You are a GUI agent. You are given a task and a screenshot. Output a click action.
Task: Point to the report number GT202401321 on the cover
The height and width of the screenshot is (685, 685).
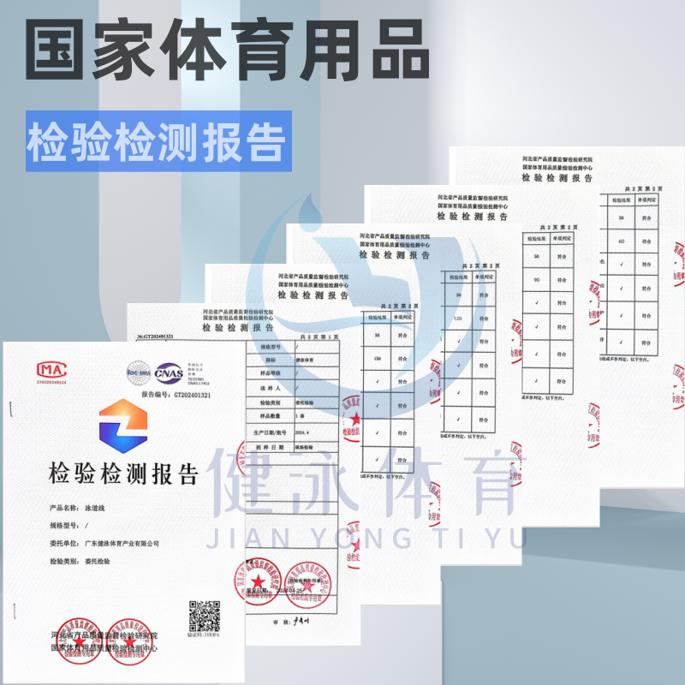[x=192, y=396]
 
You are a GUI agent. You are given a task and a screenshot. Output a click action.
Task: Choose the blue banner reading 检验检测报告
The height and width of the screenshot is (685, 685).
[x=158, y=141]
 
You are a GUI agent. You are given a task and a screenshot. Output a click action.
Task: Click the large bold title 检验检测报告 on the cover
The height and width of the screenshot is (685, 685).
[x=124, y=473]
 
